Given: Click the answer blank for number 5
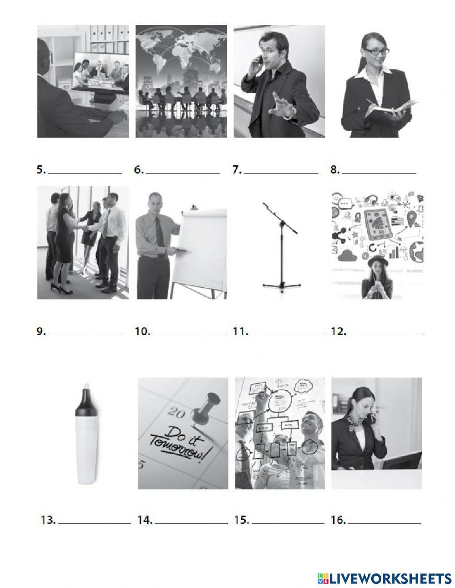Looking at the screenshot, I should (85, 173).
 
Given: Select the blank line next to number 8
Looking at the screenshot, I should (379, 173).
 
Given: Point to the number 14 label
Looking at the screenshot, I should (145, 520).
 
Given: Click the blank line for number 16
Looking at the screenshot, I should (385, 523).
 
